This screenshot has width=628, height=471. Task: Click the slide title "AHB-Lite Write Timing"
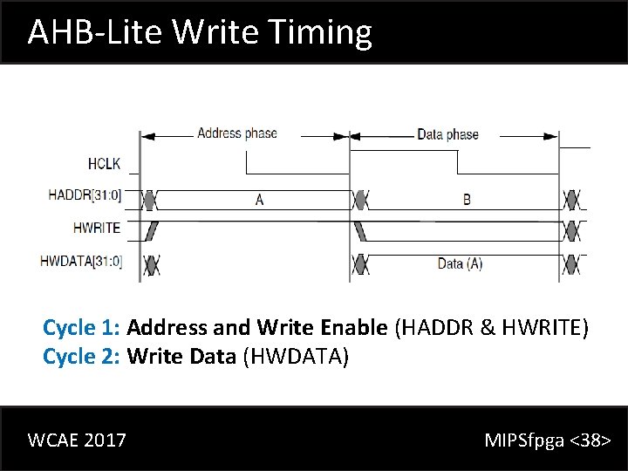(200, 32)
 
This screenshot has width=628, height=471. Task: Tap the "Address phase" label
(236, 133)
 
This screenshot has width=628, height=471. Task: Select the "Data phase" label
(447, 134)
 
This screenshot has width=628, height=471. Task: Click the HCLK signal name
(104, 163)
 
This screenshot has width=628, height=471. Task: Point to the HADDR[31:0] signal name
(85, 195)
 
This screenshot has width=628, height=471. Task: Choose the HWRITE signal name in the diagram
(97, 228)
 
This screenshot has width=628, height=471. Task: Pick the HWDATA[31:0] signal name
(81, 260)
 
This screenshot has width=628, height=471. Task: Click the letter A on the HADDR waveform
(259, 200)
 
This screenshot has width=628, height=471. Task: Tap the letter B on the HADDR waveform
(467, 200)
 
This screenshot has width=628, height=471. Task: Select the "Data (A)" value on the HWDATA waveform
(460, 263)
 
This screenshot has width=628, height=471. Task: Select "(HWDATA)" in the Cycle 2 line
(295, 356)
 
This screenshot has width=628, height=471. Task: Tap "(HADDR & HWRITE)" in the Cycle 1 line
(492, 328)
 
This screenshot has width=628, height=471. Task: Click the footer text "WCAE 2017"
(77, 440)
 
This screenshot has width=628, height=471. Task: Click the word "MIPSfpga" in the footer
(524, 440)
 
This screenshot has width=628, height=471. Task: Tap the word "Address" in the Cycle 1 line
(167, 328)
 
